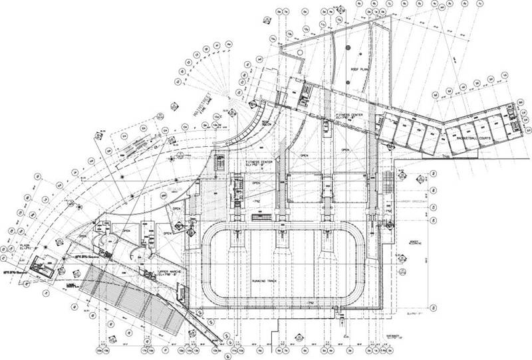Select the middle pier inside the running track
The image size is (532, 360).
point(282,249)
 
